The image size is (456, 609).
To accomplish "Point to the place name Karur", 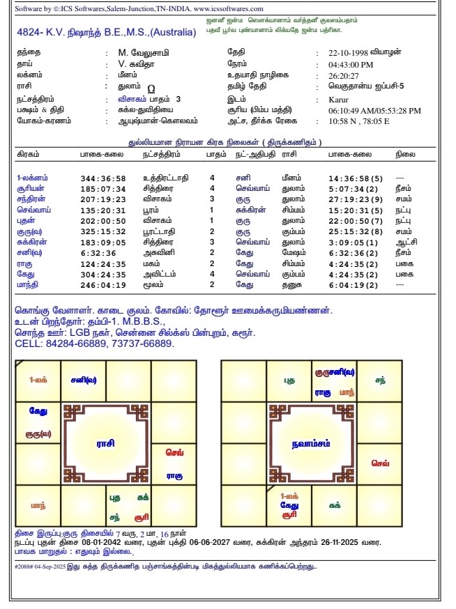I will coord(340,99).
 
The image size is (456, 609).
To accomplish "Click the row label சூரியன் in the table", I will coord(30,188).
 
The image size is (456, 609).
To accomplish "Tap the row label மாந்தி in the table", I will coord(28,284).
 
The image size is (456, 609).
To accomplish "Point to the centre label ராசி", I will coord(106,442).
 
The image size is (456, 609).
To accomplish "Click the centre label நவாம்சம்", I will coord(311,443).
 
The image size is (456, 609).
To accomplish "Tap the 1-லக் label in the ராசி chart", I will coord(38,380).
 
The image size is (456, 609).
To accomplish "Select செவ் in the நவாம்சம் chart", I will coord(380,463).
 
